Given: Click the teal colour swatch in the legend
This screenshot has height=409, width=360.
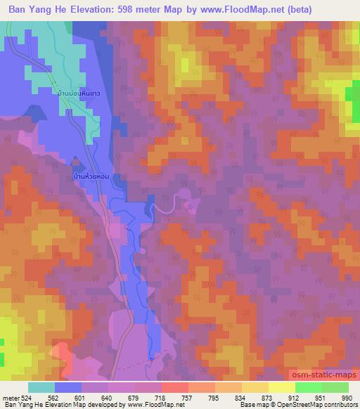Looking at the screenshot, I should point(41,387).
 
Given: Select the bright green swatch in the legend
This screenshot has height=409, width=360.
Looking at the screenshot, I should point(308,387).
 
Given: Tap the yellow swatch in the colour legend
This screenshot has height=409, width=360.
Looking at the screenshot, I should point(282,387).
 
